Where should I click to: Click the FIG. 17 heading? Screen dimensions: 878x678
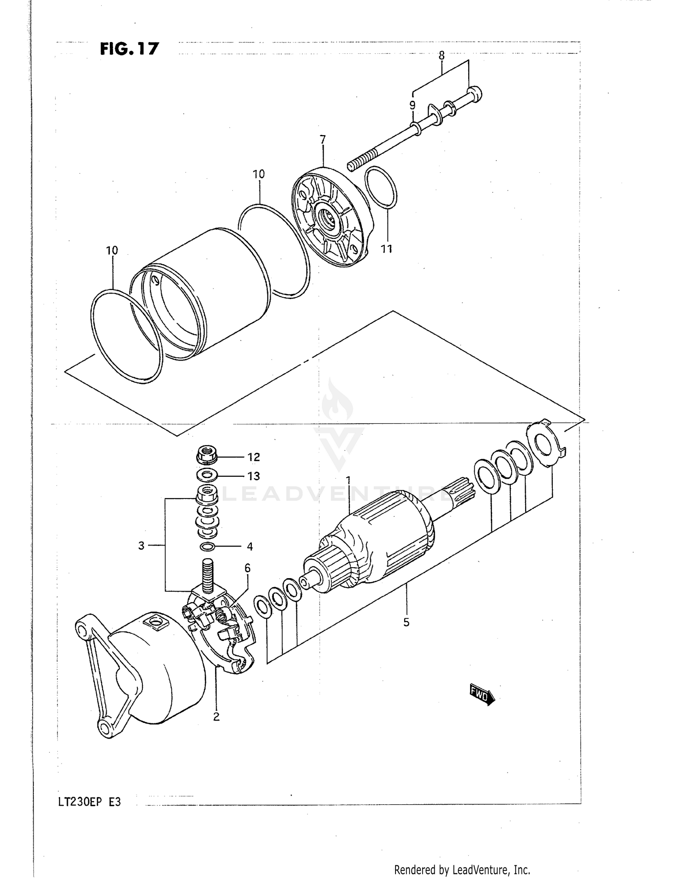(130, 48)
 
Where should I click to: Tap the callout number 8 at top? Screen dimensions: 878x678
(442, 56)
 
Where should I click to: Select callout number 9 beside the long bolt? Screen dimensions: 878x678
(412, 105)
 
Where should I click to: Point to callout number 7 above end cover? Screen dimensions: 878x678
(323, 140)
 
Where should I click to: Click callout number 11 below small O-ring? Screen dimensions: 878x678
(386, 249)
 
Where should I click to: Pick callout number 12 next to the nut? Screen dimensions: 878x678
(254, 457)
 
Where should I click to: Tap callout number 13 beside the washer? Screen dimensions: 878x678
(254, 476)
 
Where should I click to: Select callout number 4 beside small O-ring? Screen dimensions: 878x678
(250, 546)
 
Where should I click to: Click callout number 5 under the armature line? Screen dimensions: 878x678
(406, 622)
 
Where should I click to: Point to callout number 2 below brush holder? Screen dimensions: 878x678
(216, 717)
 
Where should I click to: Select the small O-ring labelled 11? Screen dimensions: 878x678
(380, 188)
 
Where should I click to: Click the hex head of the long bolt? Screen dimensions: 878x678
(474, 94)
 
